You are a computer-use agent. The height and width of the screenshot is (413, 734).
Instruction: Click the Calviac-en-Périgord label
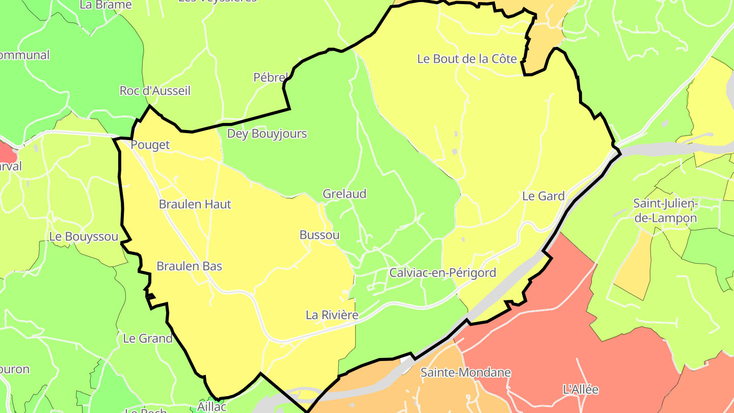pos(442,273)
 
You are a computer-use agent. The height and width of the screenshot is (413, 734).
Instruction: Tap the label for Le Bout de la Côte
pos(467,59)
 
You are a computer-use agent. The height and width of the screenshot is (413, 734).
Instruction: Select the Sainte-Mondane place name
pos(465,372)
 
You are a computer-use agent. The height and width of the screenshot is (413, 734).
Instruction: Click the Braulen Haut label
pos(195,204)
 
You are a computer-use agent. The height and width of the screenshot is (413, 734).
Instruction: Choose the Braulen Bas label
pos(189,266)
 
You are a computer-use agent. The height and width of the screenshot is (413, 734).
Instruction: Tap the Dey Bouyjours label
pos(267,134)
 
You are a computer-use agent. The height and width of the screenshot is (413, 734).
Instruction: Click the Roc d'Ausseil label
pos(155,91)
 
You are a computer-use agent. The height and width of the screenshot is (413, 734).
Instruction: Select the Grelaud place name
pos(345,194)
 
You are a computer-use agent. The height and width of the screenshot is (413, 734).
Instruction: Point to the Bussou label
pos(320,235)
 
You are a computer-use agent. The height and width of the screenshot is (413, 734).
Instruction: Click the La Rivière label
pos(332,315)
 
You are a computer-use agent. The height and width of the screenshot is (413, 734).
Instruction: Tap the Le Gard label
pos(543,196)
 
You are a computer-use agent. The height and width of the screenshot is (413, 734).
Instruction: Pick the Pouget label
pos(150,145)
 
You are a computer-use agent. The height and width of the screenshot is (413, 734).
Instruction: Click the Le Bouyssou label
pos(84,237)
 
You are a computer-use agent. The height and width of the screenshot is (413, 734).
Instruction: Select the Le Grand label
pos(148,338)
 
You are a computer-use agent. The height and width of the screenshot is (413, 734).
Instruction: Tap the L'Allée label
pos(581,390)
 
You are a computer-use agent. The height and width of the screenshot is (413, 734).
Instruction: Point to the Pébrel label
pos(270,78)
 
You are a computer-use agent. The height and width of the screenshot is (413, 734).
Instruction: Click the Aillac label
pos(212,407)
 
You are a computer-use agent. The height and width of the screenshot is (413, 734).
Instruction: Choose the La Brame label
pos(106,5)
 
